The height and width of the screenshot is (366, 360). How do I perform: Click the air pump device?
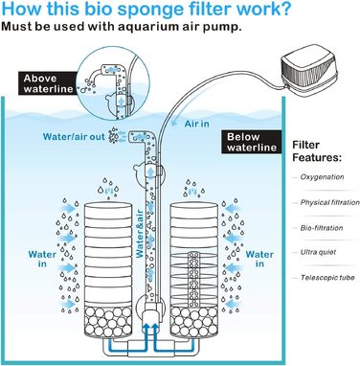coord(308,70)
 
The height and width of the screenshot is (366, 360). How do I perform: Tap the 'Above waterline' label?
coord(49,83)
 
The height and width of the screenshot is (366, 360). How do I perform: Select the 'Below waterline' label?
coord(252,142)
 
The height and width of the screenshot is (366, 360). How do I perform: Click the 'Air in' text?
coord(197,124)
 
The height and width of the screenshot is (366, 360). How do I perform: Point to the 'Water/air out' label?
coord(74,137)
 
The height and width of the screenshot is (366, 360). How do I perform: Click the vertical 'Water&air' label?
coord(140,234)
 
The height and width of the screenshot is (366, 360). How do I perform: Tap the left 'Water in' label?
coord(42,259)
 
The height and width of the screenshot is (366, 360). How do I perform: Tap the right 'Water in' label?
coord(259,259)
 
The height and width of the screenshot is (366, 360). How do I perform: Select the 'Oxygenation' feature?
coord(322,177)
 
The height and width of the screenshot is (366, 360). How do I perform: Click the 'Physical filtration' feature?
coord(329,202)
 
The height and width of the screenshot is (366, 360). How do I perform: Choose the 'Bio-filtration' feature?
coord(322,228)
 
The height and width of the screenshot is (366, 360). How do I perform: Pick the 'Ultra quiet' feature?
coord(318,252)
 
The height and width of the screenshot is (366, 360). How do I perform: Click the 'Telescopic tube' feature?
coord(327,278)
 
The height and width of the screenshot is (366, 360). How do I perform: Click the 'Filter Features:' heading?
coord(317,151)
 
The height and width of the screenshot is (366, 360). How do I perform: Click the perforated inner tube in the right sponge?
coord(193,279)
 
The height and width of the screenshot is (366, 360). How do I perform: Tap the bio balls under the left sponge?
coord(107,321)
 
